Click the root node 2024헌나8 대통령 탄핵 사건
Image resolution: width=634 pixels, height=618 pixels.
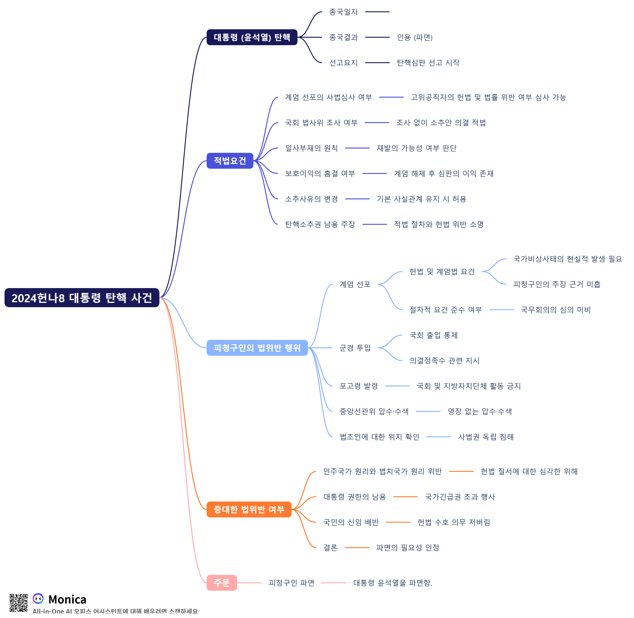tap(82, 298)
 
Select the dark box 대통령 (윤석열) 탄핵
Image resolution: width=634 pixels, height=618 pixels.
tap(252, 37)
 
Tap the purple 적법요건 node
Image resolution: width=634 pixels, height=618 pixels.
tap(230, 161)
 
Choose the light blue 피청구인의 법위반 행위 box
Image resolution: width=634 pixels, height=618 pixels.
tap(257, 348)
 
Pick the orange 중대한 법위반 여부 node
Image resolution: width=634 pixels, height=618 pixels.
tap(249, 510)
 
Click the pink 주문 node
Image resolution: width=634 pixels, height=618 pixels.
tap(222, 583)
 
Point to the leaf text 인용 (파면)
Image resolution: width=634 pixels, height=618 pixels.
tap(415, 37)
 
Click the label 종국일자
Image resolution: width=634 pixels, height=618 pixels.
tap(344, 12)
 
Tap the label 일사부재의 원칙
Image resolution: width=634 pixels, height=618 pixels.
tap(311, 148)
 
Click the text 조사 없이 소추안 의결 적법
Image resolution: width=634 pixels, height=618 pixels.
tap(441, 123)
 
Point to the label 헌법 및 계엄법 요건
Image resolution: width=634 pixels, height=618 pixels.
tap(442, 272)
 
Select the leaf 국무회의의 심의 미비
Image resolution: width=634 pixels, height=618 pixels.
tap(555, 310)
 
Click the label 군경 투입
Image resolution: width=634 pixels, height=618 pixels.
tap(355, 348)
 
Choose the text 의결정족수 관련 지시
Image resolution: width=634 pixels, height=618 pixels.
tap(444, 361)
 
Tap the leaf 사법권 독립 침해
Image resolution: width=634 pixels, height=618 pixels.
tap(486, 437)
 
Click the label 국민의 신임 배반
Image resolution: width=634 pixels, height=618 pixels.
tap(351, 522)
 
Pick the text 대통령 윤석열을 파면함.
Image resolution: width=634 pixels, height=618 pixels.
tap(392, 583)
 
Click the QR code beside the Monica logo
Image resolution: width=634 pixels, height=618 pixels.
tap(18, 603)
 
